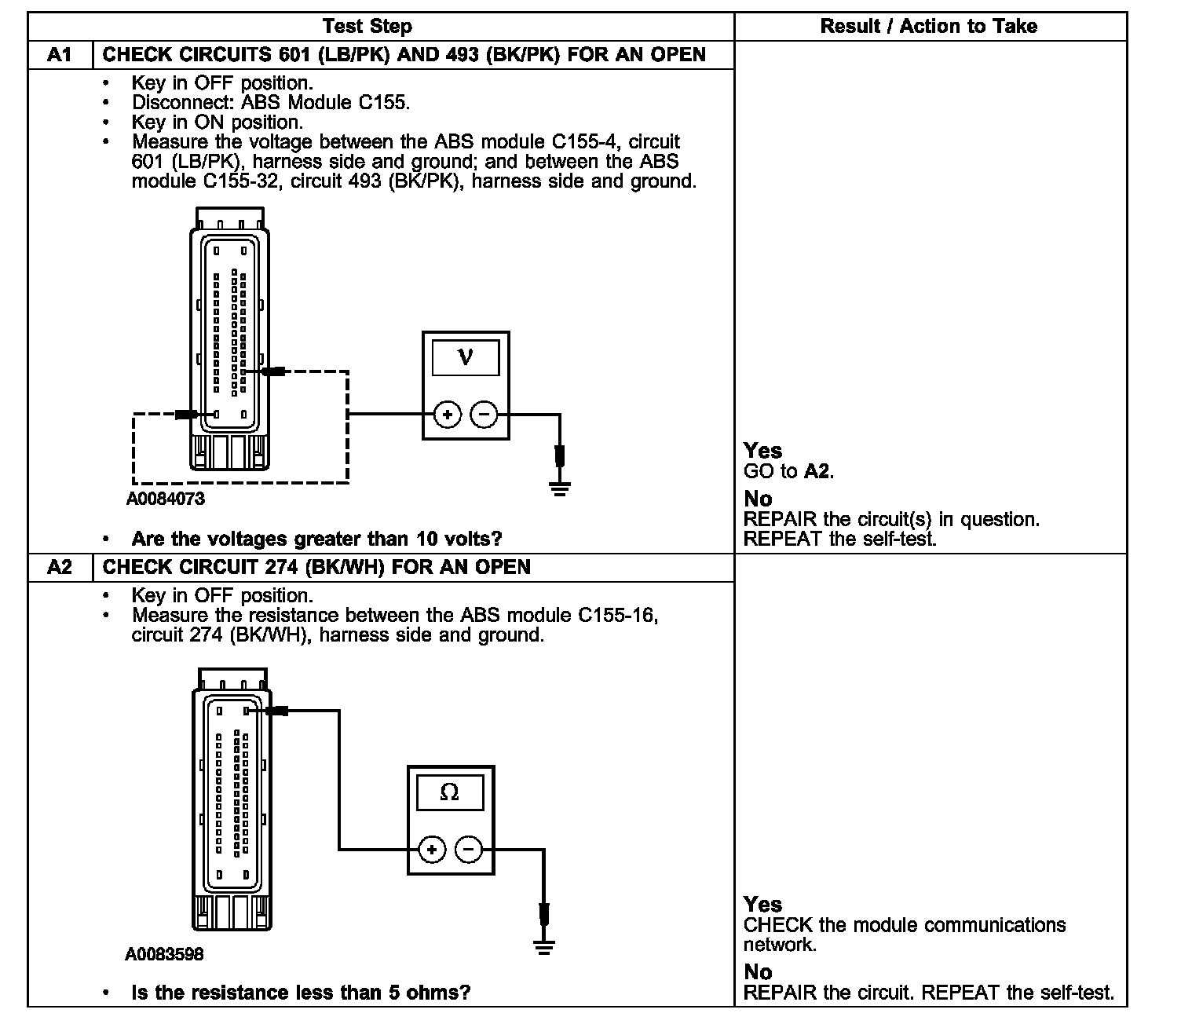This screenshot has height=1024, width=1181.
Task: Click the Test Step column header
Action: (x=367, y=27)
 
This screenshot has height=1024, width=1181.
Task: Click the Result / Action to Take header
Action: (x=928, y=27)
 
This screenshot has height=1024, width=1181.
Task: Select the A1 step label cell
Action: (x=60, y=55)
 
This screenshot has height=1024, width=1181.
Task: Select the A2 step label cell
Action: (x=60, y=567)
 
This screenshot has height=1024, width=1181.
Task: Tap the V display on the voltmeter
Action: (x=465, y=357)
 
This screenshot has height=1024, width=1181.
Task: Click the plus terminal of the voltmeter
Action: (x=447, y=415)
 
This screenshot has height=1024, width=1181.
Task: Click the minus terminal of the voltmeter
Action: (x=484, y=415)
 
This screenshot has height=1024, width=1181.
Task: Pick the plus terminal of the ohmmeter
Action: (x=432, y=849)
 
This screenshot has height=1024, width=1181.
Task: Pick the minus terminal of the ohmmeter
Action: (x=469, y=849)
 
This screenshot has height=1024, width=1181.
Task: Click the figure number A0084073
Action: (x=166, y=499)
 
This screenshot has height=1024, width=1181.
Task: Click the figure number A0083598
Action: (x=164, y=954)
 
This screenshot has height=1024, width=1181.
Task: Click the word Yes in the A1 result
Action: (x=762, y=451)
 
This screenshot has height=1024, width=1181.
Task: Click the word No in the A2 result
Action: (x=758, y=972)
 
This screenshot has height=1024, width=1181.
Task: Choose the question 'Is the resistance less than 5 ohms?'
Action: (x=301, y=993)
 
